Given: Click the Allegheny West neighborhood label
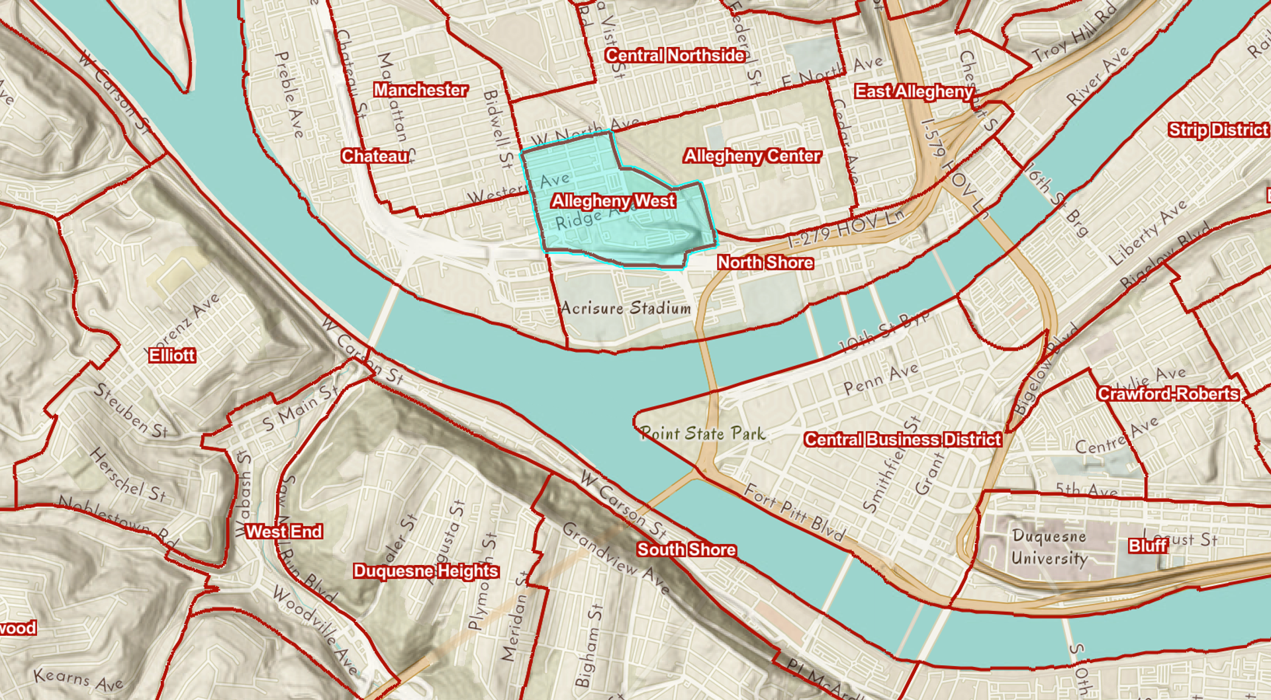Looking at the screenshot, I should (x=613, y=200).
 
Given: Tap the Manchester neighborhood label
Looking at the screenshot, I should (x=420, y=90).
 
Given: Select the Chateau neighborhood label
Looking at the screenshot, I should (x=375, y=156).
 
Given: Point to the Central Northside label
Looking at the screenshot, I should (x=675, y=56).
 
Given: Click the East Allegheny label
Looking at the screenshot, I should (x=914, y=91).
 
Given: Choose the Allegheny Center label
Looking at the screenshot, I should (x=752, y=156).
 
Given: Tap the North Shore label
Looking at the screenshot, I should (x=765, y=263).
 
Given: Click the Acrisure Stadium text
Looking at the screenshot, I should (x=626, y=308).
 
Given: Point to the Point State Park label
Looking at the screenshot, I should (x=702, y=434).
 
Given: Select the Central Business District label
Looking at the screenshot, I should (x=902, y=439).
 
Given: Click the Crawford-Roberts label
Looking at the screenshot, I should (x=1168, y=394).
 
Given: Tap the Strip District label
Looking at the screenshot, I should (x=1218, y=130).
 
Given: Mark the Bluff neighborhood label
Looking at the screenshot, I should (x=1148, y=546).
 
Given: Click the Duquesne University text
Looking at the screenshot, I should (x=1049, y=547).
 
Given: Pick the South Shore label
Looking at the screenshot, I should (x=686, y=550).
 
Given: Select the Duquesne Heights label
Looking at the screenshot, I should (x=426, y=571).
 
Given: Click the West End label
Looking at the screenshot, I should (x=284, y=532).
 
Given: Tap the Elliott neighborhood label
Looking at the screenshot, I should (x=172, y=355).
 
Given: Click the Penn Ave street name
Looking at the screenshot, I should (x=880, y=379).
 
